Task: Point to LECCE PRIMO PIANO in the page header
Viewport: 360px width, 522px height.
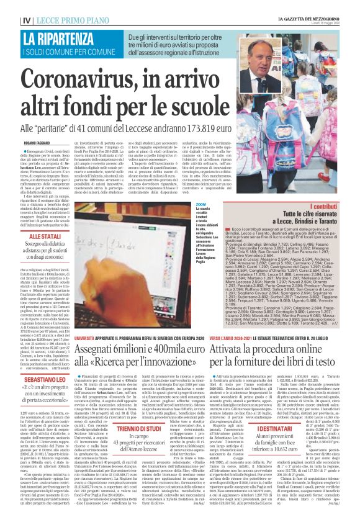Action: pyautogui.click(x=54, y=5)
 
